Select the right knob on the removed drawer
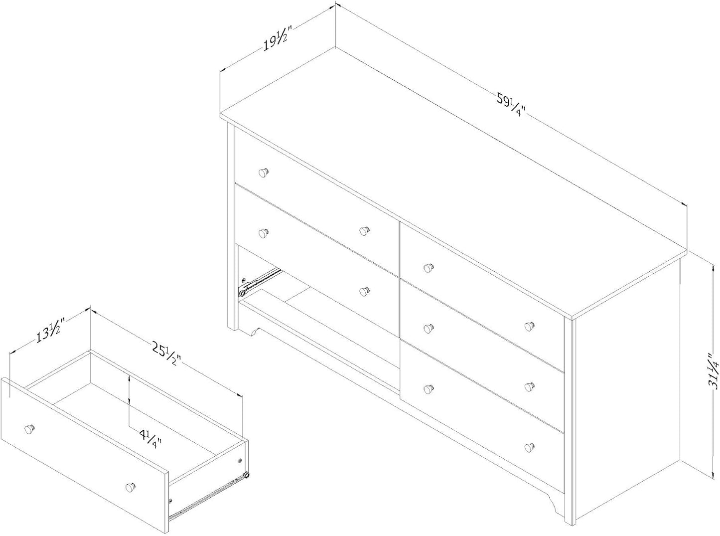tap(131, 486)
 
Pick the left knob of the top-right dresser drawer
tap(427, 268)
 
